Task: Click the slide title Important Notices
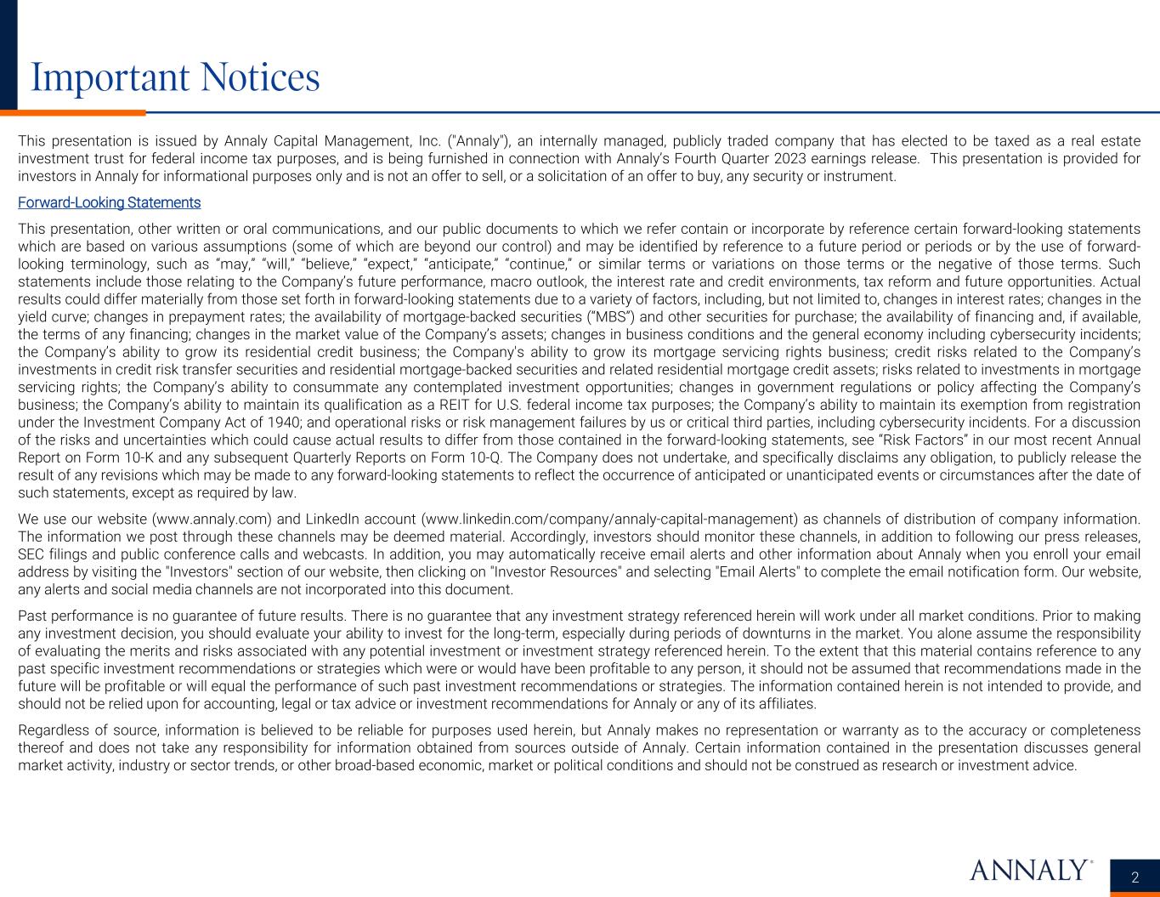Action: click(175, 77)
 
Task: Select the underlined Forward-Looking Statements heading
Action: click(109, 202)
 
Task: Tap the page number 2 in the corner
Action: click(1135, 877)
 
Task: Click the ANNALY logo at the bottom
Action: click(1031, 870)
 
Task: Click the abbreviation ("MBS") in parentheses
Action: click(607, 317)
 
